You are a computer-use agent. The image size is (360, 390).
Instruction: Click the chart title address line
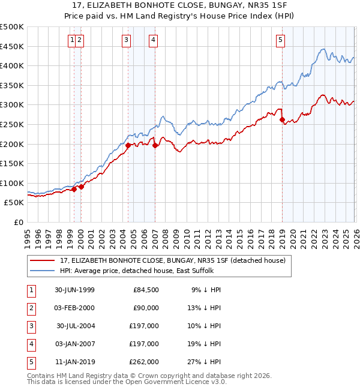[179, 6]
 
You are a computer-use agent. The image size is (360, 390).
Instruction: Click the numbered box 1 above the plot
[72, 40]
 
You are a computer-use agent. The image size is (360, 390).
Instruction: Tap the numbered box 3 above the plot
[127, 40]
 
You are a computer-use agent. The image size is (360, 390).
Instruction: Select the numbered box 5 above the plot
[281, 40]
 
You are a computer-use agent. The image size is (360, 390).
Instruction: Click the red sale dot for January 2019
[283, 119]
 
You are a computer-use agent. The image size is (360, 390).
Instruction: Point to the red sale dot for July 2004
[128, 145]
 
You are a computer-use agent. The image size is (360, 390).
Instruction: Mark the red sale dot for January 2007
[155, 145]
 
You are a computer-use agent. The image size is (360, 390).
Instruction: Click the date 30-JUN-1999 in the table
[74, 290]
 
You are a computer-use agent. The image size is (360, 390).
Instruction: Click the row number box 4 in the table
[31, 344]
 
